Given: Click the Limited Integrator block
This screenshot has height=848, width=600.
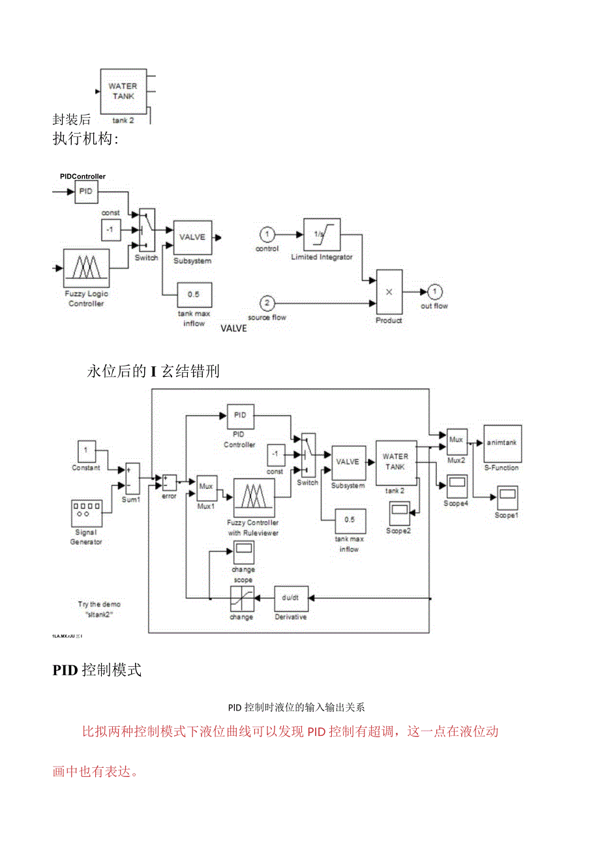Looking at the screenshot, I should [322, 235].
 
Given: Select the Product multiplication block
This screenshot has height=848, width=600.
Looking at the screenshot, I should [389, 292].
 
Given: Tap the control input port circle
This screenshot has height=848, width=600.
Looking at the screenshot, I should [266, 235].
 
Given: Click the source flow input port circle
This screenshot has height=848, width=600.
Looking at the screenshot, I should [266, 303].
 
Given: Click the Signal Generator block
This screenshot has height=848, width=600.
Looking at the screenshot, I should [86, 513].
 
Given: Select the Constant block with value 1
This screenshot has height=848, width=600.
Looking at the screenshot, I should [86, 450].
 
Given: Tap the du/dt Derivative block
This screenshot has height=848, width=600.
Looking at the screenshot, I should [290, 598].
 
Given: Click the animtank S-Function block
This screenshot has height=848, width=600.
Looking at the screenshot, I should [502, 443].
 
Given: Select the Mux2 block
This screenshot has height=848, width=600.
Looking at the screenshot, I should [456, 441].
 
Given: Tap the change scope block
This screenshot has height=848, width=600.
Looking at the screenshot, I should [243, 553].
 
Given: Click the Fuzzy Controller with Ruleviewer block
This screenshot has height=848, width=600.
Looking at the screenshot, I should [253, 498].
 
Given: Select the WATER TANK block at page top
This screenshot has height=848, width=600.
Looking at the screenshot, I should [123, 91].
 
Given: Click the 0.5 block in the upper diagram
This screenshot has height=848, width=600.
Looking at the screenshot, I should [193, 295].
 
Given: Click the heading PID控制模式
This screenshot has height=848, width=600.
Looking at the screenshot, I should [97, 670].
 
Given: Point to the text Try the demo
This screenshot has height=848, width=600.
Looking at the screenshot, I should [99, 604].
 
